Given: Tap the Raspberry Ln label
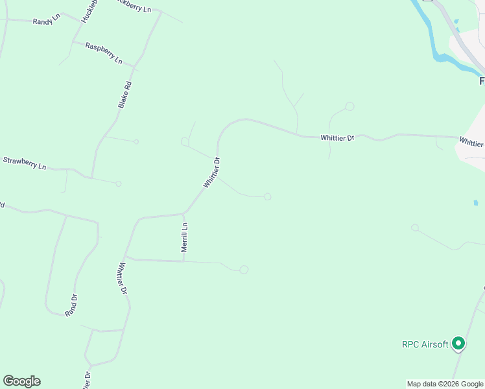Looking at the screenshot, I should point(104,53).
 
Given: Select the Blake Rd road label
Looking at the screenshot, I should point(125,94).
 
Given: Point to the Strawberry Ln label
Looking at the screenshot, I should point(25,163).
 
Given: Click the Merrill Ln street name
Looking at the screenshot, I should point(185,237).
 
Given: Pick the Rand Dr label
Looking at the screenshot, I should point(71,305).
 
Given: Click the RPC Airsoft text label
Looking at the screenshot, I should point(425,344).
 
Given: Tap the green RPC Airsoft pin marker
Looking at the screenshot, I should point(458,343).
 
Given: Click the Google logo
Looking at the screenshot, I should point(21,381).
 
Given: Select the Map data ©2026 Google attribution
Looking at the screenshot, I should point(445,384).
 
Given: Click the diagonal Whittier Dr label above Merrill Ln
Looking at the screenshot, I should point(212,172).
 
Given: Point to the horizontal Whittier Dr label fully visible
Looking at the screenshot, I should point(338,137).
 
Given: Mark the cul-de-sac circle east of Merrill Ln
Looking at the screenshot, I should point(244,269).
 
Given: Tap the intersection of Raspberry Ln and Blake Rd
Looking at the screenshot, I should point(134,67).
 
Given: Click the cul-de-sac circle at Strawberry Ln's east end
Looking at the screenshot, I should point(119,183).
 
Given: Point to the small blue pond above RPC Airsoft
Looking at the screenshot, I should point(476,203).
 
